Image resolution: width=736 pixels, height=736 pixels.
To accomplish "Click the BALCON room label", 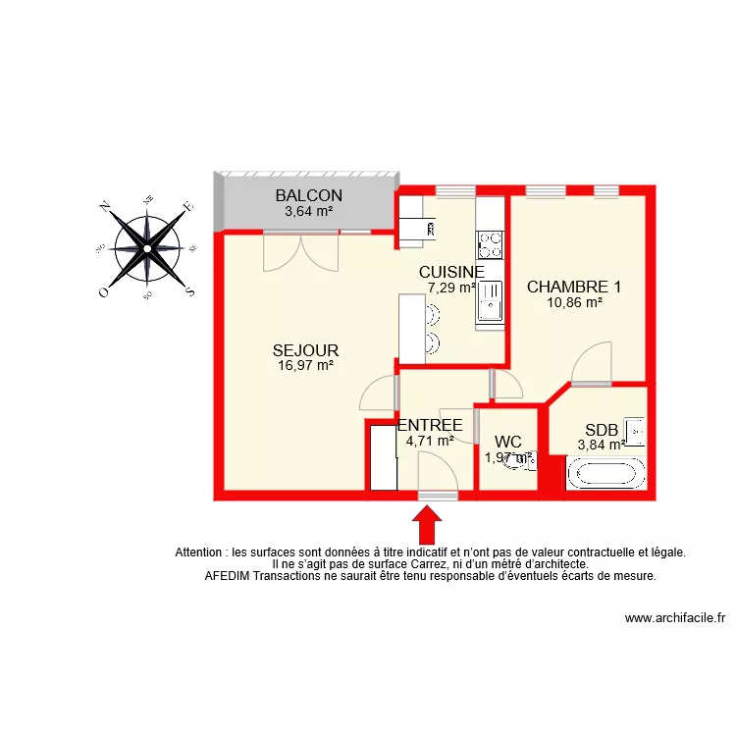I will tap(308, 195).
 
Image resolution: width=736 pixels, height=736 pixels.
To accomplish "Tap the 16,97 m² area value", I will tap(305, 365).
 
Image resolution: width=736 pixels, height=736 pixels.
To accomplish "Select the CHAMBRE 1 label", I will tap(574, 288).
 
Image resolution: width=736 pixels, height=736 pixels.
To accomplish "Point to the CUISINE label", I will tap(451, 272).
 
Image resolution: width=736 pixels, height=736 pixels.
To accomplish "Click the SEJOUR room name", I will tap(305, 350).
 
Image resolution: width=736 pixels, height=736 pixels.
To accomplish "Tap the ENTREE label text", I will tap(430, 425).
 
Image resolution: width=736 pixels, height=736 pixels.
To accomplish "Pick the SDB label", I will tap(602, 430).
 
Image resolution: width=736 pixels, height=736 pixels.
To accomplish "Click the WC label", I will tap(508, 442).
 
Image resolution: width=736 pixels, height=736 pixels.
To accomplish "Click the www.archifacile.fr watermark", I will tap(674, 618).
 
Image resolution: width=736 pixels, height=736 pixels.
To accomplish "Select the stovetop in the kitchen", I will tap(489, 243).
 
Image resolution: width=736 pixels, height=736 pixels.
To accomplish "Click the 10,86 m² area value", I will tap(574, 302).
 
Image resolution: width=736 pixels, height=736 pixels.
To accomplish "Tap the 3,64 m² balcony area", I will tap(308, 210).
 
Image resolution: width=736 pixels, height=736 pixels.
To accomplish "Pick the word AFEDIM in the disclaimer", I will tap(229, 576).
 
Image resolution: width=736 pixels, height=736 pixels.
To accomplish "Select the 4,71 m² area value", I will tap(430, 441).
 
